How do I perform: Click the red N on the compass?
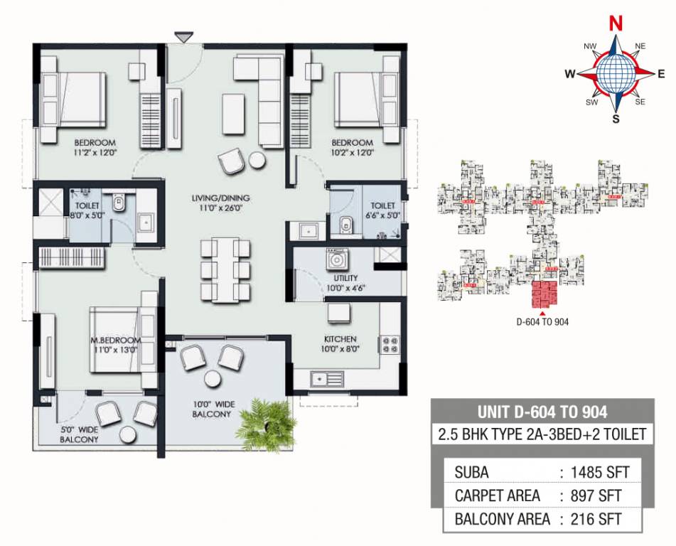pyautogui.click(x=616, y=23)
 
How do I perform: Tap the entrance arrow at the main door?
pyautogui.click(x=183, y=36)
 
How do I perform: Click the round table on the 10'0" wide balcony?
pyautogui.click(x=212, y=378)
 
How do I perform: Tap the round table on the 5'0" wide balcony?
pyautogui.click(x=129, y=435)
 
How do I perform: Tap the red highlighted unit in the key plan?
pyautogui.click(x=545, y=295)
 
